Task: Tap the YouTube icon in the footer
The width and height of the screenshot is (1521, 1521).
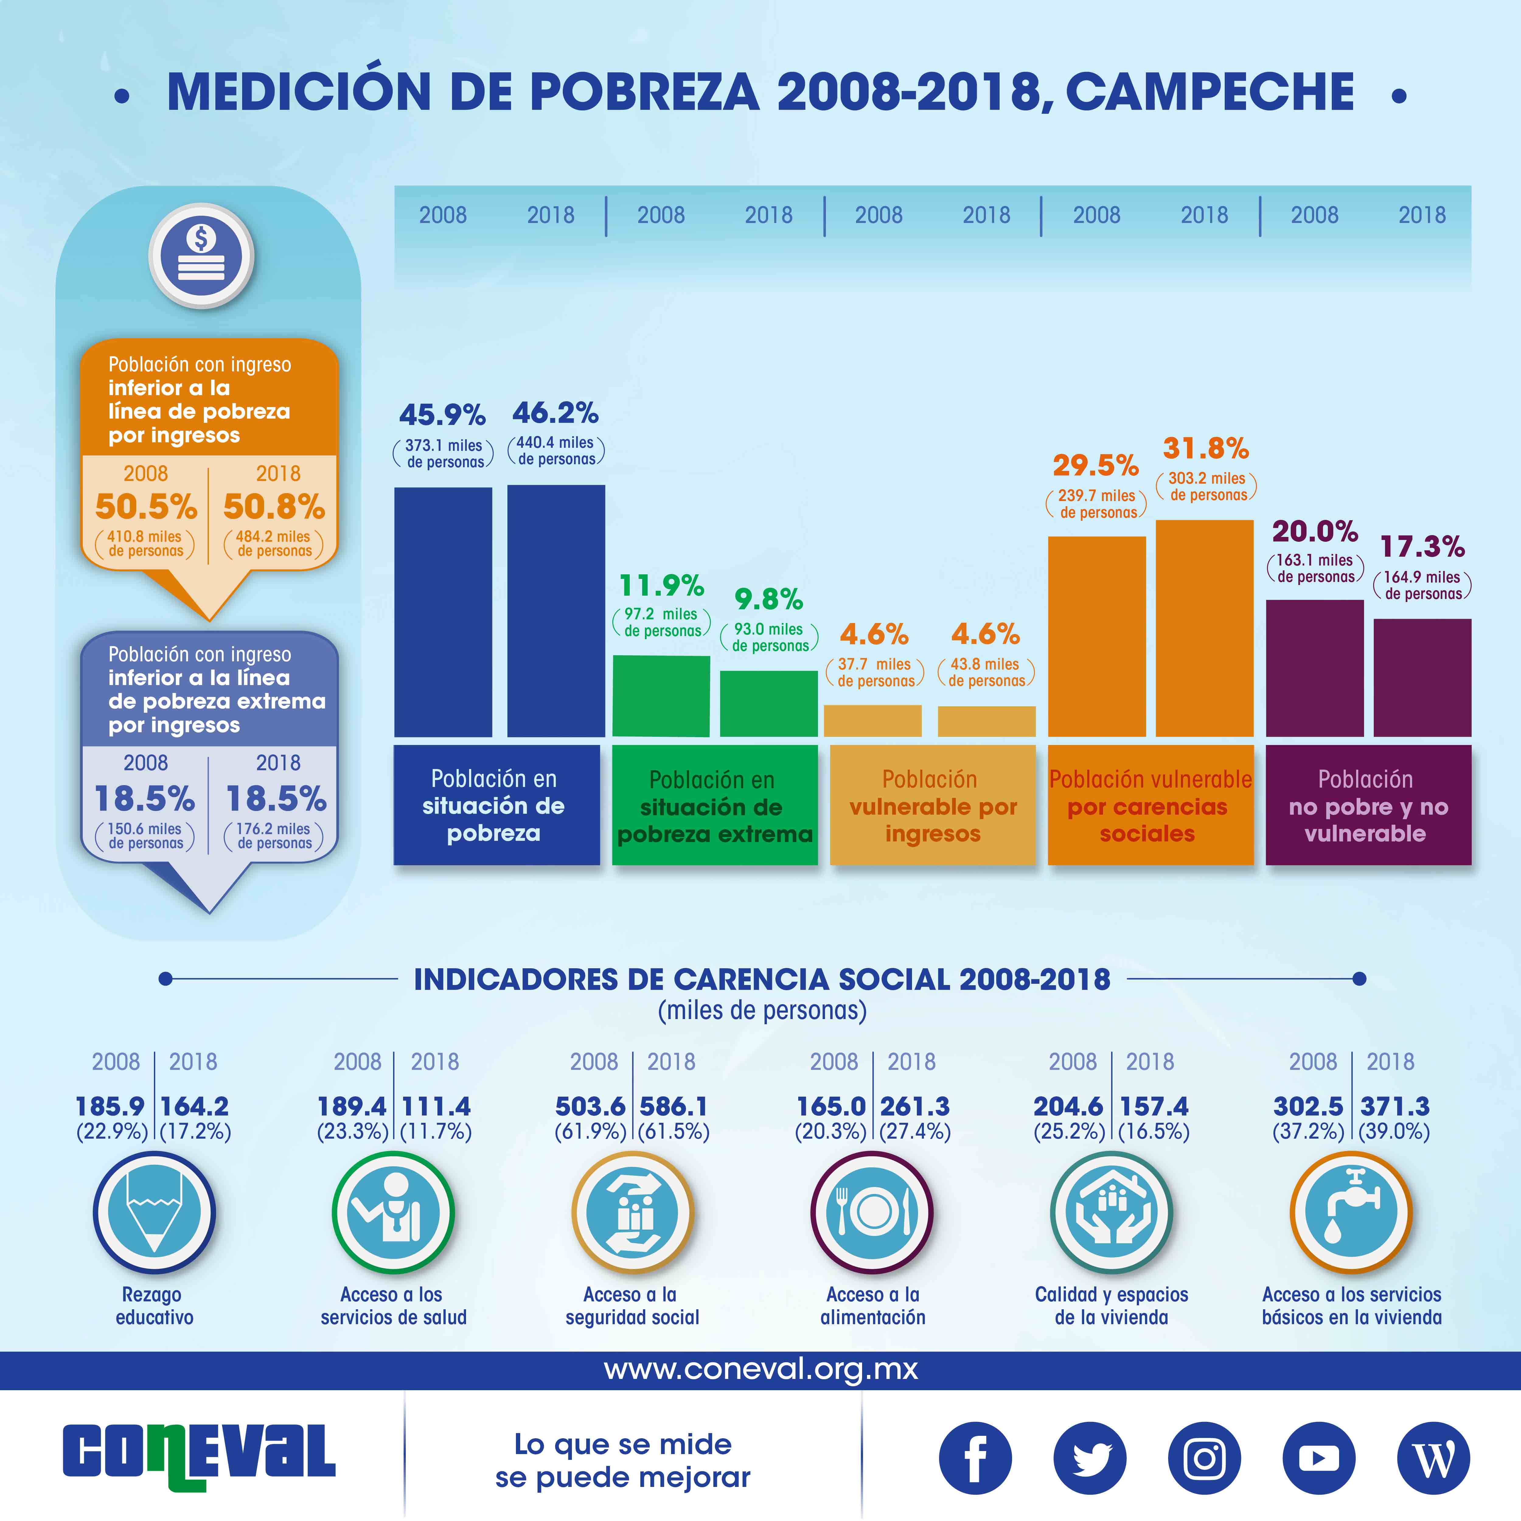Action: [x=1319, y=1458]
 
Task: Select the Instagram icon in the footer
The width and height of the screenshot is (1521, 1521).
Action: [x=1205, y=1458]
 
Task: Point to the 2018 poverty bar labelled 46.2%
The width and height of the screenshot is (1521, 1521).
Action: [x=556, y=611]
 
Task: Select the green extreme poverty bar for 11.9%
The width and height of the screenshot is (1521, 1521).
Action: [x=661, y=696]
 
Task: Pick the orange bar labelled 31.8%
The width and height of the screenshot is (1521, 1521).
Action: [x=1205, y=628]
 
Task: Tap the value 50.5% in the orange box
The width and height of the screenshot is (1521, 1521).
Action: [x=146, y=506]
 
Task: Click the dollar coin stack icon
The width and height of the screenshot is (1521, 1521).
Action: [x=202, y=256]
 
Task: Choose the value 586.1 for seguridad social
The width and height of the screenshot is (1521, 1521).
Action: [x=673, y=1106]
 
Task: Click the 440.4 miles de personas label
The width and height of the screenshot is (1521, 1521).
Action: [x=556, y=450]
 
